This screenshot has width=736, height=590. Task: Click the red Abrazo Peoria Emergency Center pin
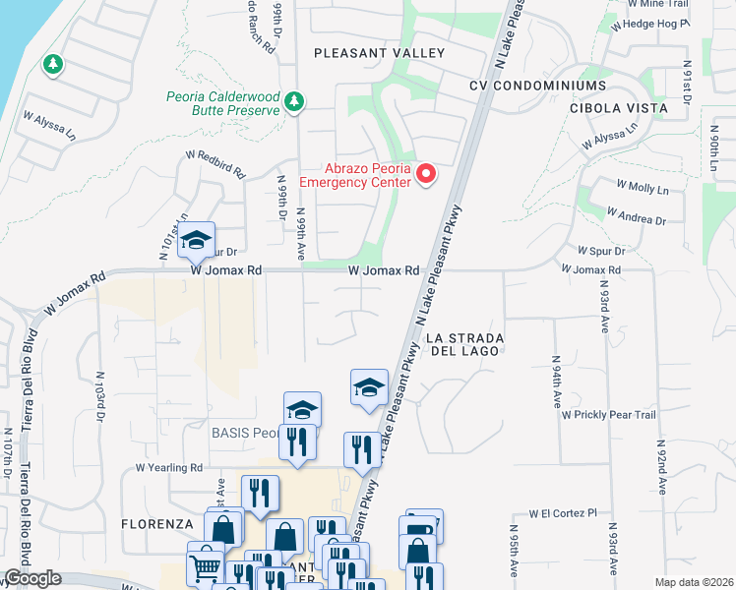tap(426, 174)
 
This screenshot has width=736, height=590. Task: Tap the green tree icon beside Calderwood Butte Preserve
tap(294, 101)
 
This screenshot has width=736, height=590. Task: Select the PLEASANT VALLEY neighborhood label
tap(379, 53)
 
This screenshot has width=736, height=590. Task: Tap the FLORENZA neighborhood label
tap(156, 524)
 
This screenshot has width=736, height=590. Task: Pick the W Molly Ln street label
tap(643, 186)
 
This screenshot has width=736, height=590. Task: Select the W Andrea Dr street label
tap(637, 215)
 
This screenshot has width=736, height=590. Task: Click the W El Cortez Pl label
tap(563, 513)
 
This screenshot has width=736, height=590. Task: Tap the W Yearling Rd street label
tap(169, 468)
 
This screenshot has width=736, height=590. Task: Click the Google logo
tap(31, 579)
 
